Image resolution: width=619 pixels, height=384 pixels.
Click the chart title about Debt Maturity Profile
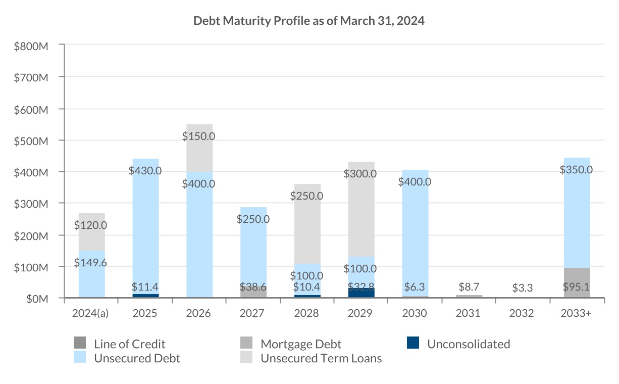pos(309,21)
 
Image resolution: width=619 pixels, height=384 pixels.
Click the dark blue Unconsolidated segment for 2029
pos(361,293)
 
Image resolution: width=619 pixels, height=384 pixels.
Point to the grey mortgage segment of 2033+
pos(577,282)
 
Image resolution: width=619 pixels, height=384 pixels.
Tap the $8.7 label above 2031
pos(469,286)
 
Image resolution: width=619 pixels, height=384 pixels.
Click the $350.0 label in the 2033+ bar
pos(576,170)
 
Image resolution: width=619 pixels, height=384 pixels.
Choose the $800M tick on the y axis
pos(32,46)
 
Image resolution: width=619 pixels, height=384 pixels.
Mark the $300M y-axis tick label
pos(32,204)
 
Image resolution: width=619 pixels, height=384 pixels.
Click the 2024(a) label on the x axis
pos(91,313)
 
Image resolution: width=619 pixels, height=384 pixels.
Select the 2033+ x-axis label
pos(576,313)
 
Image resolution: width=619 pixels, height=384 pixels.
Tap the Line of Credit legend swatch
pos(80,344)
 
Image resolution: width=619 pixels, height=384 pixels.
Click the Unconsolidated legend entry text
pos(468,344)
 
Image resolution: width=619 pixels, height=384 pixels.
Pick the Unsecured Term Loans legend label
pos(321,359)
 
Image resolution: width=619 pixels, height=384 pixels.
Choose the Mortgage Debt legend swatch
pos(246,344)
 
